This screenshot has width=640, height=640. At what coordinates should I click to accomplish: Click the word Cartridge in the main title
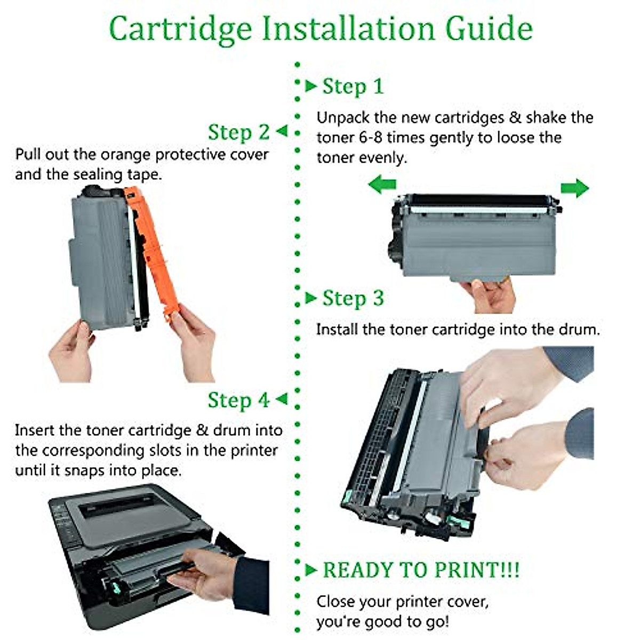180,29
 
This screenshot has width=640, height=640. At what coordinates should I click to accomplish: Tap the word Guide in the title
489,29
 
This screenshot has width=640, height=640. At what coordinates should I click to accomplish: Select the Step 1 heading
353,86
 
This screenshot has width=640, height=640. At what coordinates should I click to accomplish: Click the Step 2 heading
238,132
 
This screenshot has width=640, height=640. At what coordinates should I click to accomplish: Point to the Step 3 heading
353,298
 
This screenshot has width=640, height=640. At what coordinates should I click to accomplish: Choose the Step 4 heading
238,400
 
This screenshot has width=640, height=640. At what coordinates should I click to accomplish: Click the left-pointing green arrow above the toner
382,186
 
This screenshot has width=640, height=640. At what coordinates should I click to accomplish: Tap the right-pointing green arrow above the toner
574,188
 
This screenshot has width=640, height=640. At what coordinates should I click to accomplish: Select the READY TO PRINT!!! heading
421,570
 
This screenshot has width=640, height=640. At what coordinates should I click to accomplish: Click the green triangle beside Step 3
311,298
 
